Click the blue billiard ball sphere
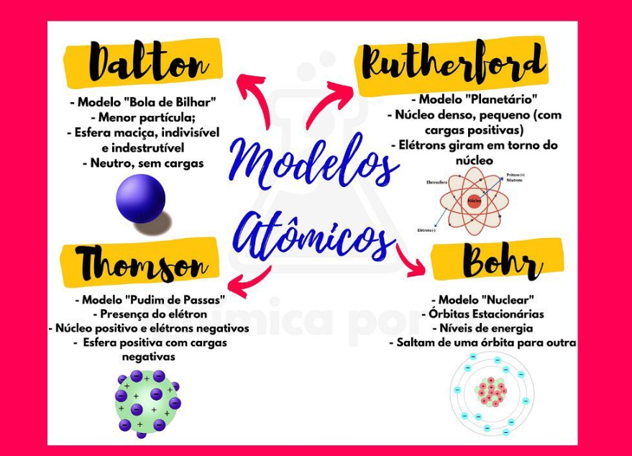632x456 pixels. tap(141, 199)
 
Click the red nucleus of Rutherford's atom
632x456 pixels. tap(474, 201)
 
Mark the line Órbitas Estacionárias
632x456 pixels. tap(486, 314)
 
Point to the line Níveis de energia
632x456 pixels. tap(486, 328)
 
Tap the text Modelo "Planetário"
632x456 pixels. tap(475, 99)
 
